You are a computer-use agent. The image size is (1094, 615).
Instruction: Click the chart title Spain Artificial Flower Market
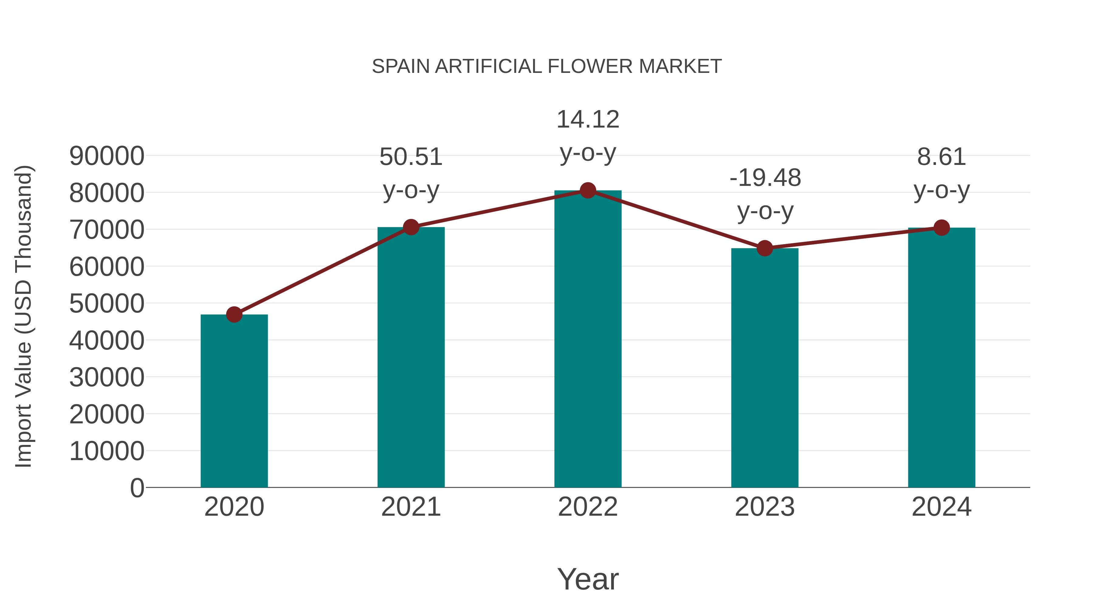point(547,67)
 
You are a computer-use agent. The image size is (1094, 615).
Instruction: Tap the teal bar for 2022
point(588,340)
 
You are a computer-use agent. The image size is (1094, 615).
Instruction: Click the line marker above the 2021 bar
point(411,227)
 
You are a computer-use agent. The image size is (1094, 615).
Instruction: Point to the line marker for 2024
point(941,228)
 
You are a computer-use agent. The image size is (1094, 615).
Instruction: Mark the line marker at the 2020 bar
point(234,315)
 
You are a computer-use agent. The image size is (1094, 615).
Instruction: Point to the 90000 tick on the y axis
point(107,156)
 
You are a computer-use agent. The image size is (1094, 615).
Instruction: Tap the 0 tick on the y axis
point(137,488)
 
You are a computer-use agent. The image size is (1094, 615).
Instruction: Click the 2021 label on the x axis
point(411,507)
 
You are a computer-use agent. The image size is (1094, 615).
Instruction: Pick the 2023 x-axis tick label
point(765,507)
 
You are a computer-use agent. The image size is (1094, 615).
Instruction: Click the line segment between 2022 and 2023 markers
point(676,220)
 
